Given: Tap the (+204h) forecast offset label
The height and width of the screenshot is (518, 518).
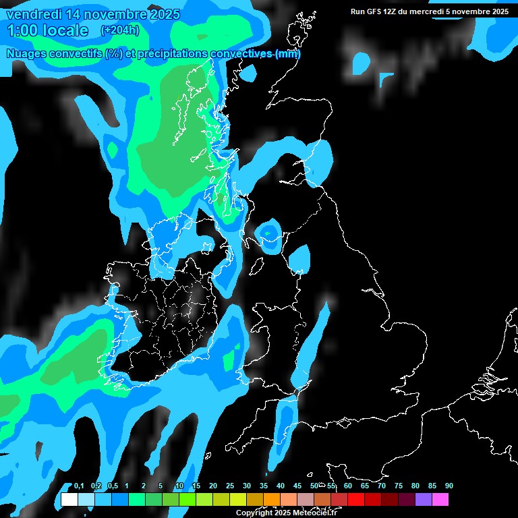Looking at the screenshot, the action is tap(119, 30).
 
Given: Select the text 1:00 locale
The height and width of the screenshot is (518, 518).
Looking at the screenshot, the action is tap(47, 30).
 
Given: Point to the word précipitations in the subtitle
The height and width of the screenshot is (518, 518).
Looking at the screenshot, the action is tap(172, 54).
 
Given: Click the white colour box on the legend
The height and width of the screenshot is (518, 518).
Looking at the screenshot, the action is tap(69, 500).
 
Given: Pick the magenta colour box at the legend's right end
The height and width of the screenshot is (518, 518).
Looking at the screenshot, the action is tap(440, 500).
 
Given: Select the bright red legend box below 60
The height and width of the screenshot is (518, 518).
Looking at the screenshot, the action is tap(356, 500).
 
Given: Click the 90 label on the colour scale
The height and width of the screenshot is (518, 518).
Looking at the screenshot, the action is tap(449, 486).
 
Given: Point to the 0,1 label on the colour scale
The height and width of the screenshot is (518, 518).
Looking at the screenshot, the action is tap(79, 486).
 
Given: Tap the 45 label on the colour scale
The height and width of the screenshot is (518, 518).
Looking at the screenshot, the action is tap(297, 486).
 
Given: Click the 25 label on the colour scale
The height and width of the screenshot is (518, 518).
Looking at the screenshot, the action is tap(230, 486).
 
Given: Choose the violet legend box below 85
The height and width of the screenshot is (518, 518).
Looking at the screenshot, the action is tap(424, 500).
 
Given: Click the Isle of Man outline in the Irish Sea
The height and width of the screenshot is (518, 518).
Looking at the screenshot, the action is tap(256, 267).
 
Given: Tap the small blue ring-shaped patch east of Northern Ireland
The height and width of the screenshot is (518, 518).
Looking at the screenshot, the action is tap(270, 233).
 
